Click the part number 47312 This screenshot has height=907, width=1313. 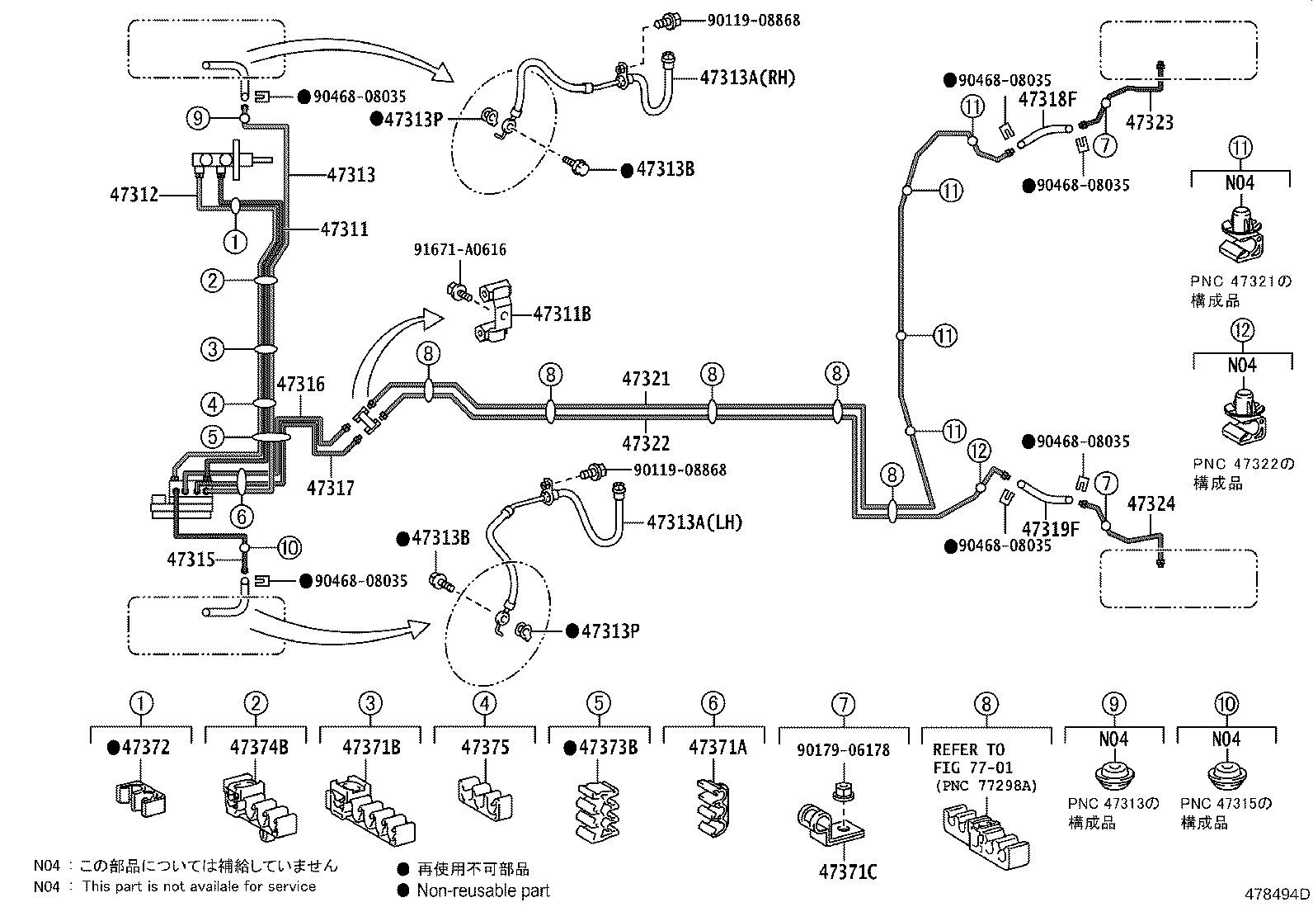[134, 196]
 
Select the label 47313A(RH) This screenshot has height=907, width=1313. [747, 78]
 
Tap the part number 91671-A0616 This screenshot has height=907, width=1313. [460, 249]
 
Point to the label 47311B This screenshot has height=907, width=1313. [562, 314]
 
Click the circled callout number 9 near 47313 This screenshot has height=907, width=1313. [197, 118]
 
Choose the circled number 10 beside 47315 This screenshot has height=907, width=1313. [289, 546]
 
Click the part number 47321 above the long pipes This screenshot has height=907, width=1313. [646, 379]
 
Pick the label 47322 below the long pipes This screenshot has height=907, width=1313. [646, 443]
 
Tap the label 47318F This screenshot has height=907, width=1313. [1048, 100]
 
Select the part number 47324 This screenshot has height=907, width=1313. [1151, 503]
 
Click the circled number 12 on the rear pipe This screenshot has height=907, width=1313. [978, 451]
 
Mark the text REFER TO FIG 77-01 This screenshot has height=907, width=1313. [968, 758]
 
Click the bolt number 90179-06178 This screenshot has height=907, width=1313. [843, 750]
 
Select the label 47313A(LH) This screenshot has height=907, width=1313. [694, 522]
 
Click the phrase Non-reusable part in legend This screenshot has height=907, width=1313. [482, 890]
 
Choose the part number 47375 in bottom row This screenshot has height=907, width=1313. [485, 748]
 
